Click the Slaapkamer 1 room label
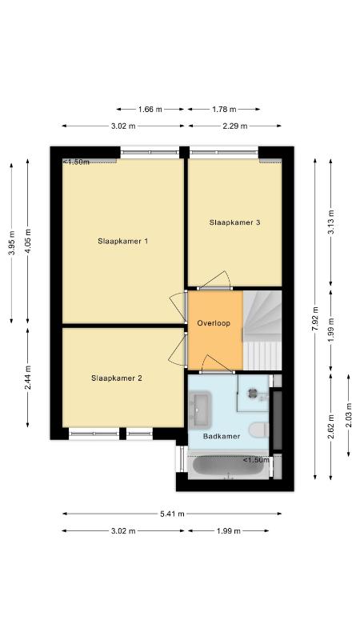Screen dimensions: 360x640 tap(122, 242)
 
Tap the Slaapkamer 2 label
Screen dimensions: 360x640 tap(116, 378)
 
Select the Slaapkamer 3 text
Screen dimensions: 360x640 tap(234, 223)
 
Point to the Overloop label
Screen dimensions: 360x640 tap(214, 323)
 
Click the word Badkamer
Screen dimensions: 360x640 tap(222, 436)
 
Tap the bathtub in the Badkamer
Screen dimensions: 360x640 tap(228, 466)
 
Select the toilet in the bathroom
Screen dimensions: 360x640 tap(258, 430)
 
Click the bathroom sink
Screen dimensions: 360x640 tap(199, 410)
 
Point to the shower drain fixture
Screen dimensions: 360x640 tap(252, 393)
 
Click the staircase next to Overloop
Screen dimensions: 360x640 tap(262, 330)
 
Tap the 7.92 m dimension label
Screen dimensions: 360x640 tap(315, 318)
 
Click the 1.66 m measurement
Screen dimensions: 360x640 tap(150, 110)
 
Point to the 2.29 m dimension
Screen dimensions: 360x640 tap(235, 126)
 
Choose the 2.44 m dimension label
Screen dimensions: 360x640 tap(28, 378)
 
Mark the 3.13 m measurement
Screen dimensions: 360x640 tap(331, 222)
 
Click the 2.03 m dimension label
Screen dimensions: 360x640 tap(349, 415)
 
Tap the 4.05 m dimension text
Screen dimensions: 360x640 tap(28, 242)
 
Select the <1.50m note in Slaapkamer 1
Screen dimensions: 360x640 tap(76, 162)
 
